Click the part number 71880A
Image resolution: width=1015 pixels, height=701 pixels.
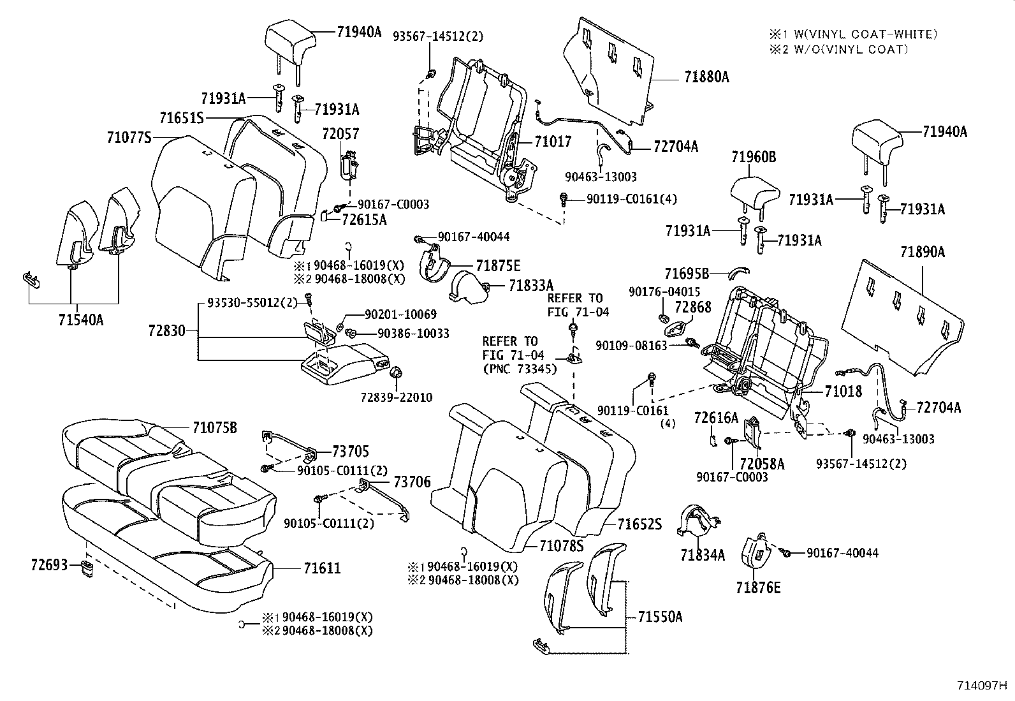click(x=706, y=77)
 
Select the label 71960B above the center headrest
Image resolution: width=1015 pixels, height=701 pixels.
click(x=754, y=157)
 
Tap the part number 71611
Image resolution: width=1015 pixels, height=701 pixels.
click(x=321, y=568)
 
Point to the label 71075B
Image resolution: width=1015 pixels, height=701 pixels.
click(x=214, y=428)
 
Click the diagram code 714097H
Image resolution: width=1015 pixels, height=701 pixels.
click(x=982, y=686)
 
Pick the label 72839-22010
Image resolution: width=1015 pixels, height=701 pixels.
click(x=397, y=397)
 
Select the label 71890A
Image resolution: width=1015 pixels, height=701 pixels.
click(x=922, y=252)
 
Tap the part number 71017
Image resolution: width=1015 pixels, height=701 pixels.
click(x=553, y=142)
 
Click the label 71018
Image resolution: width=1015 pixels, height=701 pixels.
click(x=843, y=391)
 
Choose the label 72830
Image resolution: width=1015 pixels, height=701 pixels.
click(x=166, y=330)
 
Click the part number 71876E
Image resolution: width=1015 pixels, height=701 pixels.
click(x=757, y=587)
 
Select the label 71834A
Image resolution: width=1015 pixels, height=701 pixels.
click(x=703, y=555)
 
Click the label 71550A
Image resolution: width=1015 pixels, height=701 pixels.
click(x=660, y=617)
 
